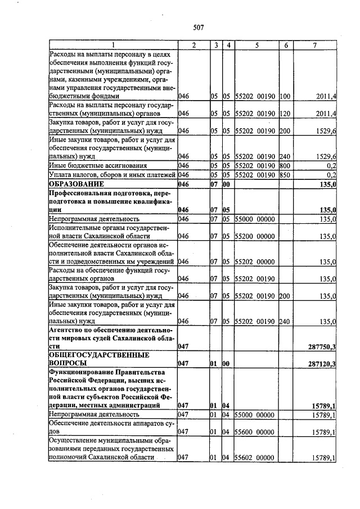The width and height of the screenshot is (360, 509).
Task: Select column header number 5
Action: tap(255, 45)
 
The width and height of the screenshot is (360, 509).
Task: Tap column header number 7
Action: tap(314, 45)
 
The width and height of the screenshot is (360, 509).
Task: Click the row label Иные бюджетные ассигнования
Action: tap(98, 166)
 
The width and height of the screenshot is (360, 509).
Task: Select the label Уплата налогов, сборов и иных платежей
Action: tap(112, 175)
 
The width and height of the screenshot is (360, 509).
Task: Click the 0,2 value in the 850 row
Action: tap(331, 175)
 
